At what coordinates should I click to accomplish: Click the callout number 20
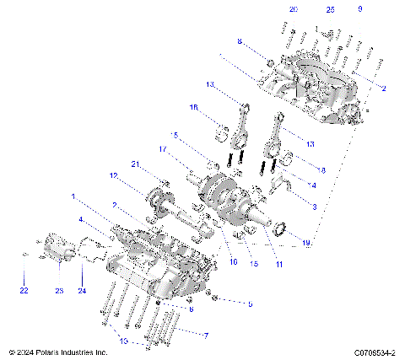tap(293, 8)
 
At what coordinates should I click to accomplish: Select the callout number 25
tap(330, 8)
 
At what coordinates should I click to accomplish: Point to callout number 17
tap(163, 149)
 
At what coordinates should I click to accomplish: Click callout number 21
tap(134, 163)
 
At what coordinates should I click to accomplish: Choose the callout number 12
tap(113, 175)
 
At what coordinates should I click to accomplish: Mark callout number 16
tap(233, 262)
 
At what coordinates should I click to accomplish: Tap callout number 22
tap(24, 291)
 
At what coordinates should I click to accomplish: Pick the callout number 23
tap(59, 291)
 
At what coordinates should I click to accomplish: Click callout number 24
tap(82, 291)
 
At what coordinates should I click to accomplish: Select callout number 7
tap(205, 334)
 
